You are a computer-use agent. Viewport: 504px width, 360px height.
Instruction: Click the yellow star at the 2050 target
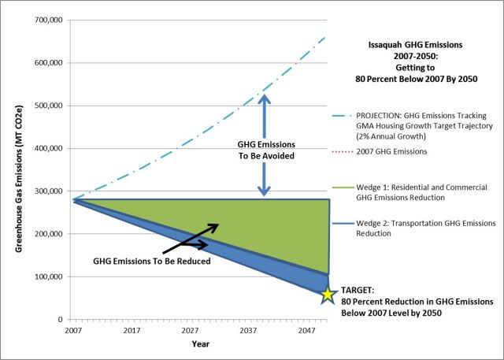[328, 295]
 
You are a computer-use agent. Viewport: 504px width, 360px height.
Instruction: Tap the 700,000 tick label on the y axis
[48, 20]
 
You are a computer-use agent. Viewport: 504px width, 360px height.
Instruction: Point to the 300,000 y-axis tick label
[48, 191]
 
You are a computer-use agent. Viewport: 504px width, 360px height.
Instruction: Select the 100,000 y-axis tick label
[48, 277]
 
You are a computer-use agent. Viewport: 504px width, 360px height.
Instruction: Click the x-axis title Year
[200, 344]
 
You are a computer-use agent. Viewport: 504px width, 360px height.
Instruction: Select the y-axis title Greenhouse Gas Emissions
[17, 170]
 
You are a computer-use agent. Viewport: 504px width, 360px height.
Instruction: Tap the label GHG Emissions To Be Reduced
[152, 260]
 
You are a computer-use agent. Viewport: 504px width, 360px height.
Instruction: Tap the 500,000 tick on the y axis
[48, 106]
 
